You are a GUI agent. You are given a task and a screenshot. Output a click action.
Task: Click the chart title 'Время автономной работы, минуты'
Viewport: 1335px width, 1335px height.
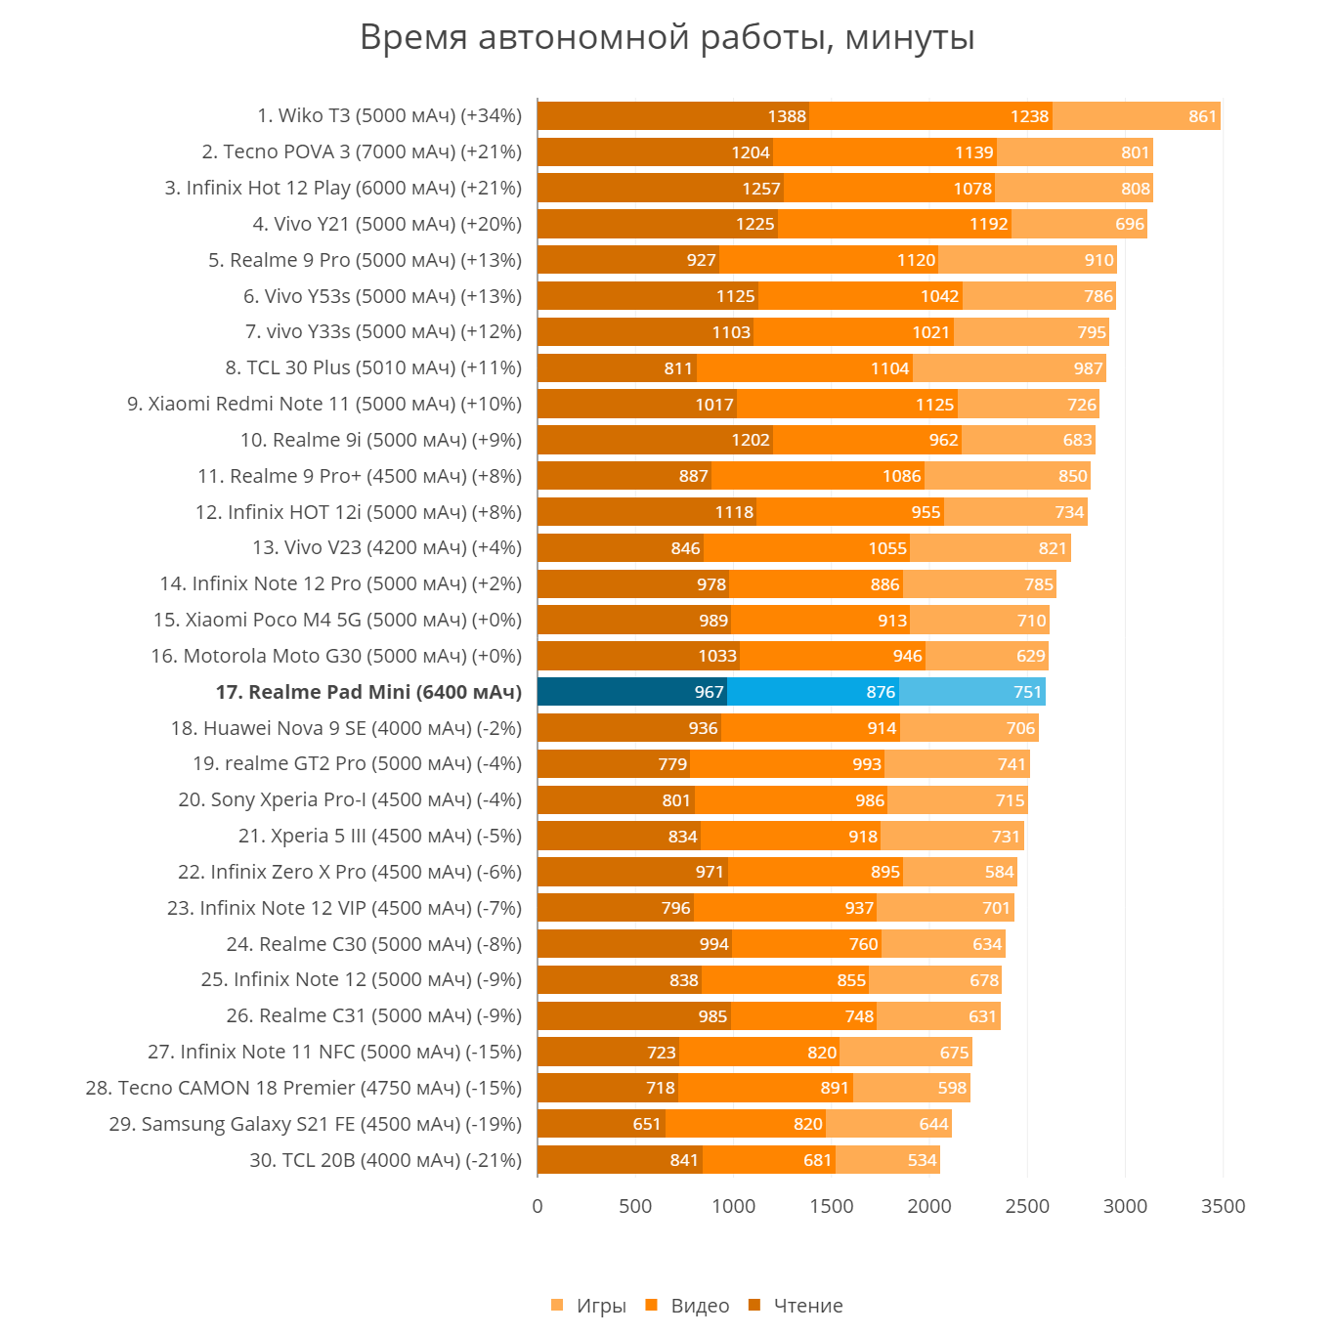pos(667,37)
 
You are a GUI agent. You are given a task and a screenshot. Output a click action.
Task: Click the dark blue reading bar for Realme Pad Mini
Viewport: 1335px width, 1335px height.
pos(631,692)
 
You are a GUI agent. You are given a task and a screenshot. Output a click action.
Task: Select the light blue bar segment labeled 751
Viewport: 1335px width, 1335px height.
pos(971,692)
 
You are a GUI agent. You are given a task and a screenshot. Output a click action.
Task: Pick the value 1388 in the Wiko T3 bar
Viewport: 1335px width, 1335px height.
pos(787,116)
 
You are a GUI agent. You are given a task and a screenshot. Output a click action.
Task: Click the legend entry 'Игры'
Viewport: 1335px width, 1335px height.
pos(589,1306)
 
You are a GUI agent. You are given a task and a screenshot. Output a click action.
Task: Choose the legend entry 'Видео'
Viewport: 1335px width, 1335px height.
pos(689,1306)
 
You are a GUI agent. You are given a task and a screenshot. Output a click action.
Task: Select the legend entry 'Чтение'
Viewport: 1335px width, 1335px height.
pos(797,1306)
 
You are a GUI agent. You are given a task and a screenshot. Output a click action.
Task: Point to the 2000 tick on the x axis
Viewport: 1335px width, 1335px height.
pos(929,1206)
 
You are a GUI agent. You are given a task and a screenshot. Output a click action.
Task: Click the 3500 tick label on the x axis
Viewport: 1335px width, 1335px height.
pos(1223,1206)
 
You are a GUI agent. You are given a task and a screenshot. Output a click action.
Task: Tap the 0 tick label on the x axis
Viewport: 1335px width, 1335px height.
pos(538,1206)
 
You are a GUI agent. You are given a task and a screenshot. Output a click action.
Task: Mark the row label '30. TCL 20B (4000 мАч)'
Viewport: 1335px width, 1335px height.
pos(385,1160)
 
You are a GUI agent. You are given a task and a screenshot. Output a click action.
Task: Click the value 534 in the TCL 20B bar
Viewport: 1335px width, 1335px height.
pos(923,1160)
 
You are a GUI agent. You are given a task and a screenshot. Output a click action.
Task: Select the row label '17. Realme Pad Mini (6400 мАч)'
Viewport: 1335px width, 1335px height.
pos(368,692)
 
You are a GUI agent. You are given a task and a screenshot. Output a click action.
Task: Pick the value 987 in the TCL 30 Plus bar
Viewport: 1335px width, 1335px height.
pos(1088,368)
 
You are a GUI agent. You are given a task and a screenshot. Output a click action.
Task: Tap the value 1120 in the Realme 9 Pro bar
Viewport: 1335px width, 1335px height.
pos(916,260)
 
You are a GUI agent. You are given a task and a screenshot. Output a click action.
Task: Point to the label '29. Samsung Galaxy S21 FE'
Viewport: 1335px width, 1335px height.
pos(316,1124)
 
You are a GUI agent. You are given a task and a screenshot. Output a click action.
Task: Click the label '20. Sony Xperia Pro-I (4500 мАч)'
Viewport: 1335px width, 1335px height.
pos(350,799)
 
